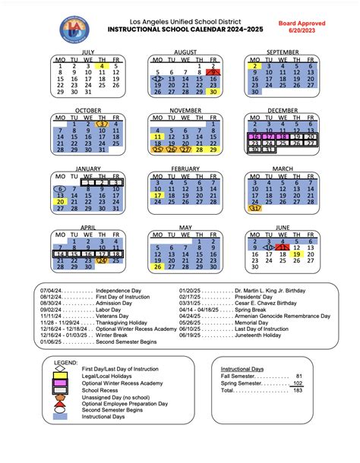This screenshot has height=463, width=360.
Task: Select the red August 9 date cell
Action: pyautogui.click(x=213, y=71)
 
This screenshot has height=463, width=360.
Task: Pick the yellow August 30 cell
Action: pyautogui.click(x=213, y=92)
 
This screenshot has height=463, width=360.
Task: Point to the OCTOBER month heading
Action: pyautogui.click(x=89, y=110)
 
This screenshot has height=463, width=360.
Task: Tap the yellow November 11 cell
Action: pyautogui.click(x=158, y=136)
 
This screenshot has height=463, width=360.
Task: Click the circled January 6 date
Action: pyautogui.click(x=61, y=189)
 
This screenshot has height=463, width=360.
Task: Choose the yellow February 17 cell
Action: pyautogui.click(x=158, y=195)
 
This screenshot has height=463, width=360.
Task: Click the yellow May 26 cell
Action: pyautogui.click(x=158, y=267)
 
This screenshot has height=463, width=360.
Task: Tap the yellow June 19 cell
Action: pyautogui.click(x=298, y=254)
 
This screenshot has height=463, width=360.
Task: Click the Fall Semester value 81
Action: pyautogui.click(x=298, y=396)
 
